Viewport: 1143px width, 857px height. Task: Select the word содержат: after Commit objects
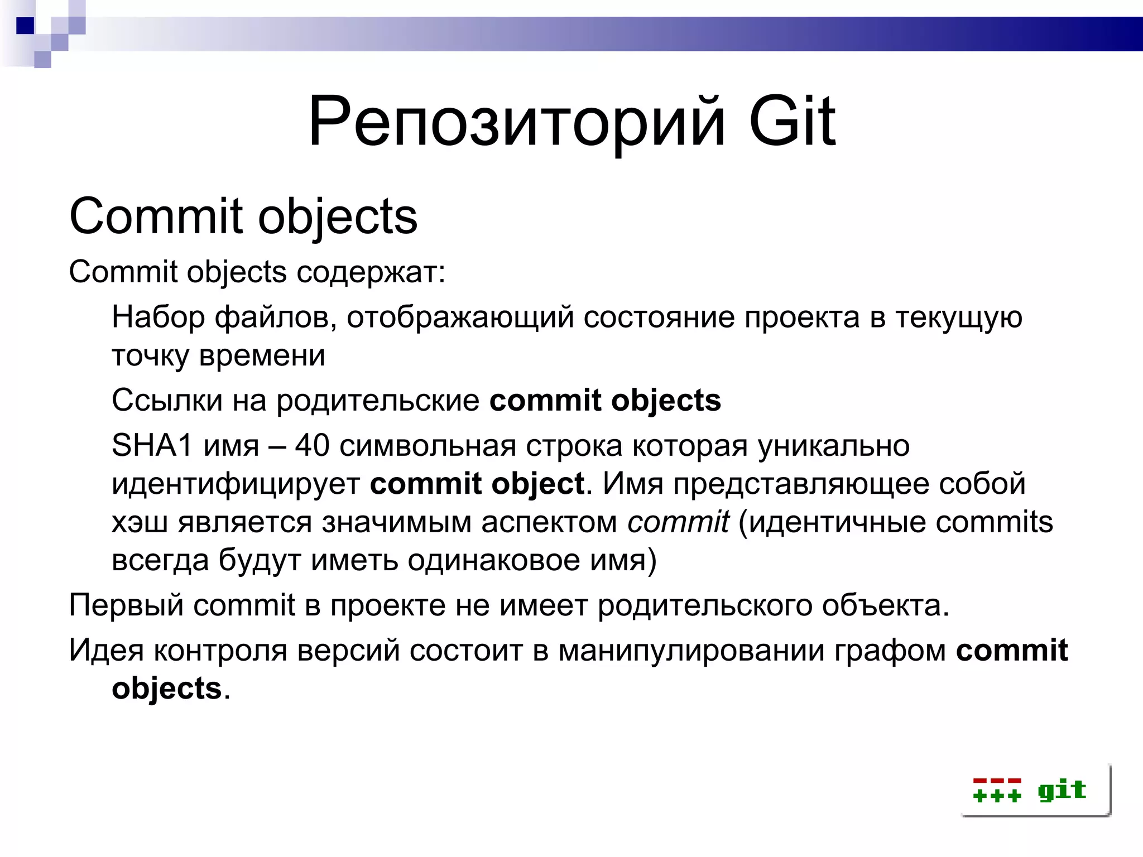click(371, 273)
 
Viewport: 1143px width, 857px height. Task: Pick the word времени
click(262, 356)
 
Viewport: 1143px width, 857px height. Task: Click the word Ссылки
click(167, 401)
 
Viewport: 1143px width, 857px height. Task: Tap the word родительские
click(378, 401)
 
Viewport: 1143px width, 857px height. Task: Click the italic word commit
click(678, 522)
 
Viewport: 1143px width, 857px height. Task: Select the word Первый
click(126, 605)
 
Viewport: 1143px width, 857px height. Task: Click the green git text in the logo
click(1062, 791)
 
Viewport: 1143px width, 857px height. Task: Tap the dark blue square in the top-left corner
click(25, 26)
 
